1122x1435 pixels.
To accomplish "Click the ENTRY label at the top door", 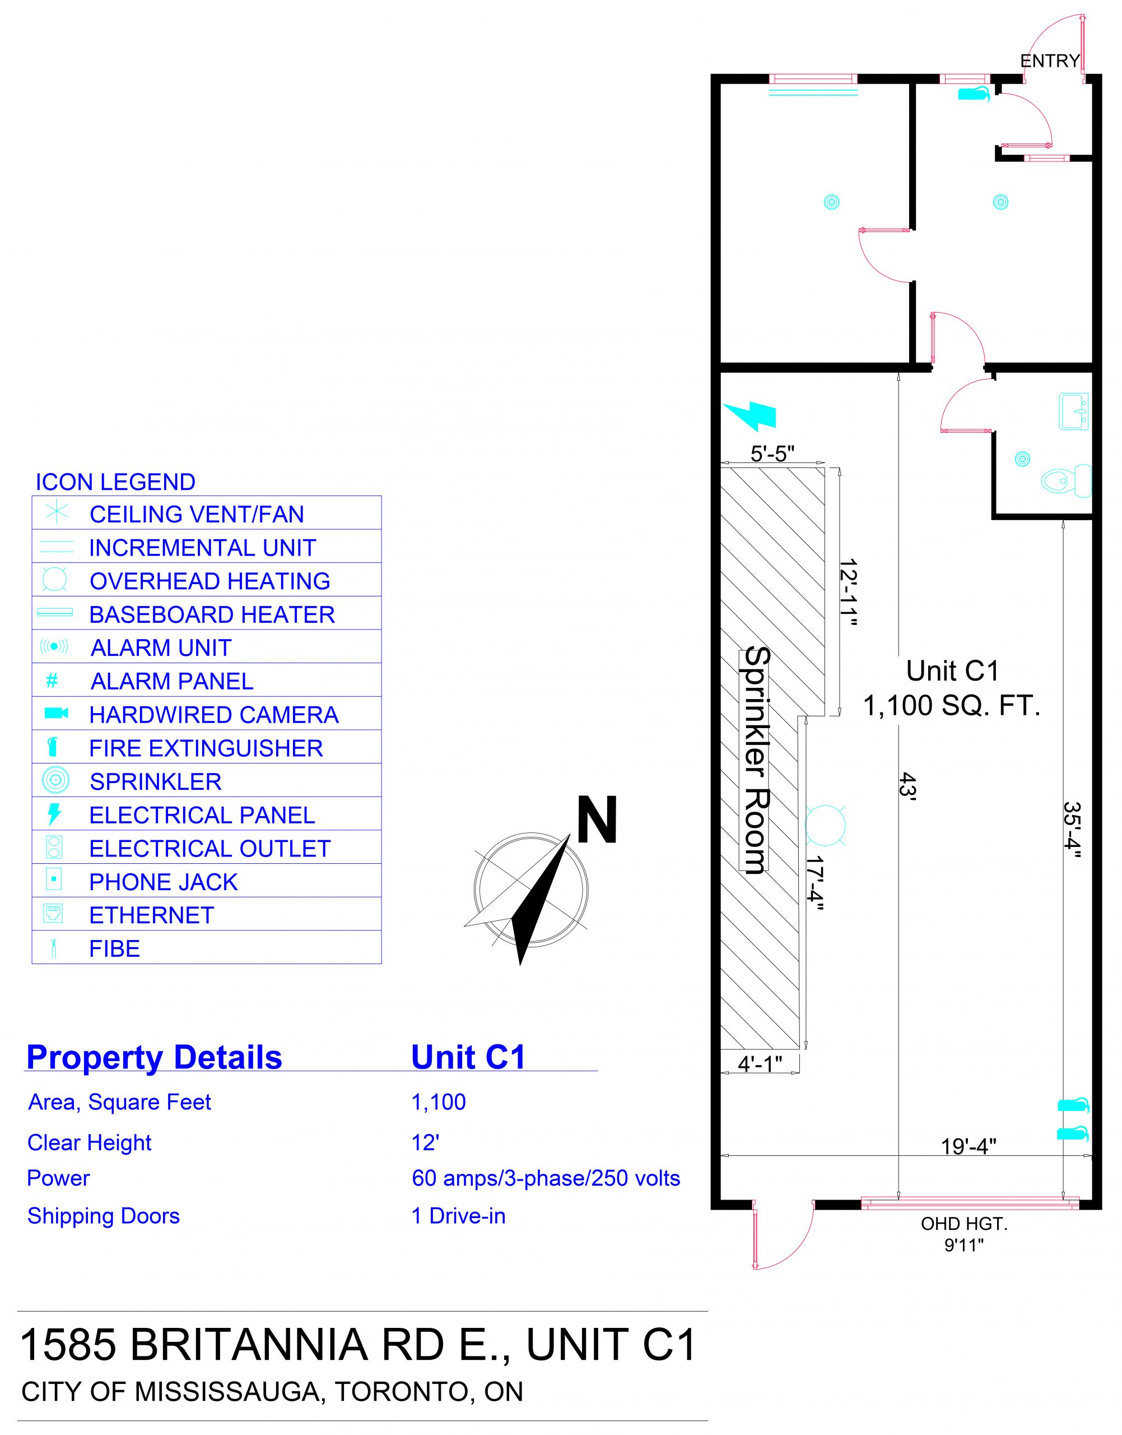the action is (x=1050, y=61).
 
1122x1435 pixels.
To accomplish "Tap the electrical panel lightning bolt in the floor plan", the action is (x=749, y=415).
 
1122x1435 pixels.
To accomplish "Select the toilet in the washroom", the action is (x=1066, y=480).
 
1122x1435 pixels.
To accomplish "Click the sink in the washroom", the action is (x=1073, y=412).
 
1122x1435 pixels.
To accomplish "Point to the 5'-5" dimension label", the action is (x=772, y=453).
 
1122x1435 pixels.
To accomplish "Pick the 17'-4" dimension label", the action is (x=815, y=883).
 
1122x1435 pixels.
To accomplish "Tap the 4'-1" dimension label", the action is (x=760, y=1064).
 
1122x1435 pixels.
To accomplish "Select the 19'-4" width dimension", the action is (x=969, y=1146).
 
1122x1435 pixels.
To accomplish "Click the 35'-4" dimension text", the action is (x=1072, y=830).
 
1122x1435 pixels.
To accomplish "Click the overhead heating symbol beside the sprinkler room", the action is (x=825, y=825).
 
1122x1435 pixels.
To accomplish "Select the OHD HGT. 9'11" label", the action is (x=963, y=1234).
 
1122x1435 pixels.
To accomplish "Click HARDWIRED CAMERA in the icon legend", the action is (x=214, y=715).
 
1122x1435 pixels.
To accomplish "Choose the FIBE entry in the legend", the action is (x=115, y=948).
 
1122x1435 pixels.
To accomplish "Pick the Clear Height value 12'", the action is (x=425, y=1142).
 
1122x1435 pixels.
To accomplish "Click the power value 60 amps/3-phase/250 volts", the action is (x=546, y=1178).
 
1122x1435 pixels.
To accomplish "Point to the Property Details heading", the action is (x=155, y=1058).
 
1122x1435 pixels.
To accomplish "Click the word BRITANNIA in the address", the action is (x=249, y=1345).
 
